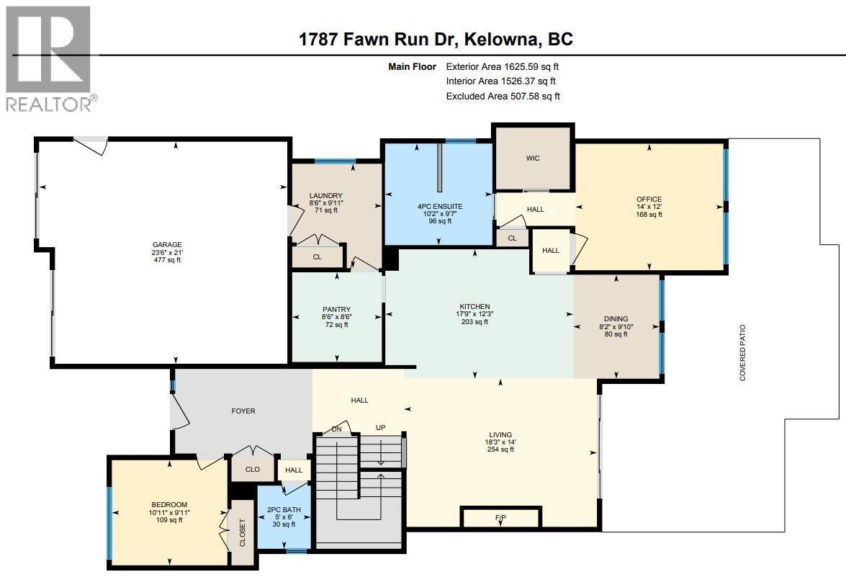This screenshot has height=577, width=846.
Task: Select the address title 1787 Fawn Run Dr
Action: coord(436,39)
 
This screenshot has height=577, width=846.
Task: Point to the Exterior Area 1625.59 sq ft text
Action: coord(503,66)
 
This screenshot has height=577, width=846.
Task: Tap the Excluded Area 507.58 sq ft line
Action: coord(503,96)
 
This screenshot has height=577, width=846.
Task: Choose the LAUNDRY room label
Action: coord(325,196)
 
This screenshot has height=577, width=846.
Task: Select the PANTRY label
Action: coord(336,310)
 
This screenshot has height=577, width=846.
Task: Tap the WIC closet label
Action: coord(533,158)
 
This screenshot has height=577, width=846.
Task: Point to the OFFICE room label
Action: coord(649,200)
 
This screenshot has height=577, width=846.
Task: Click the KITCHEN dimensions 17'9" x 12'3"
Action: coord(475,314)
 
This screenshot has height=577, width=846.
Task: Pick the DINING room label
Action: coord(616,319)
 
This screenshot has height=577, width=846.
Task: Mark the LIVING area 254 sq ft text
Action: coord(500,449)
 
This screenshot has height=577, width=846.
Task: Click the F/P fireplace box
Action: coord(500,518)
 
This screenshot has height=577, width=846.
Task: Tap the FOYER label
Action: coord(243,411)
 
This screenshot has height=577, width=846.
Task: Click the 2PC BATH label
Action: coord(284,509)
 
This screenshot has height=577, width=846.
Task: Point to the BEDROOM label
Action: coord(169,504)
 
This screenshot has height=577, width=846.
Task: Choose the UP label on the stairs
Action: coord(381,428)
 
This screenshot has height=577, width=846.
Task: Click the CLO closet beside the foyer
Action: coord(252,470)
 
